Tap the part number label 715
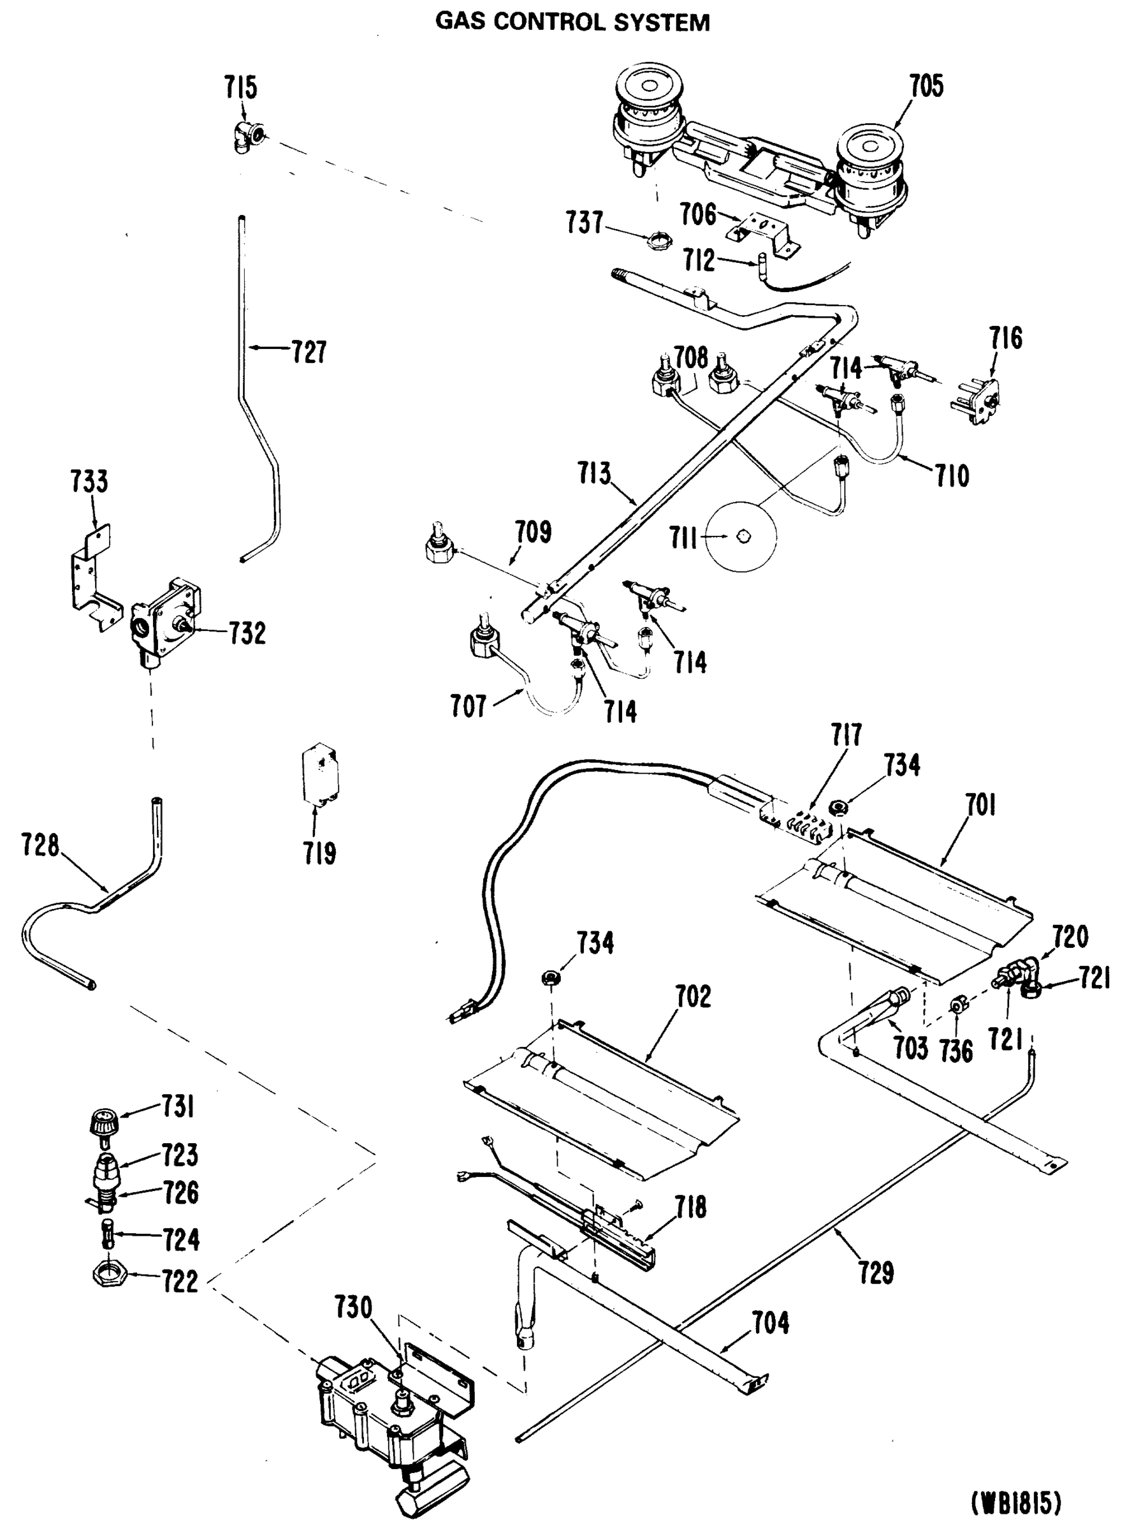point(240,88)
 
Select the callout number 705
point(927,87)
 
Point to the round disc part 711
point(742,536)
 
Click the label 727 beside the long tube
point(309,351)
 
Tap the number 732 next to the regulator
point(247,633)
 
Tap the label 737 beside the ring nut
point(585,223)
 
